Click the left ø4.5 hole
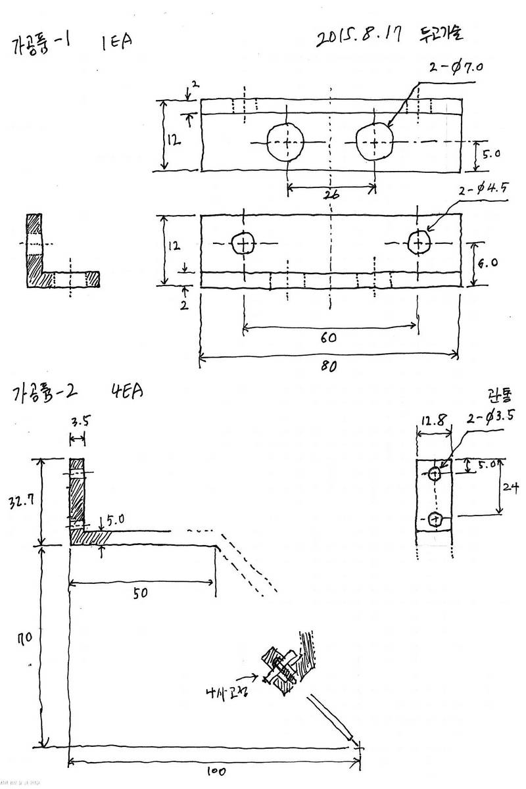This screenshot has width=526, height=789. (x=243, y=244)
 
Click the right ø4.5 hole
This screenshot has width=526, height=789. (x=418, y=243)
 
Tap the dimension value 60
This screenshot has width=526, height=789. (x=329, y=337)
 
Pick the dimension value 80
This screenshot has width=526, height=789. (x=329, y=367)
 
